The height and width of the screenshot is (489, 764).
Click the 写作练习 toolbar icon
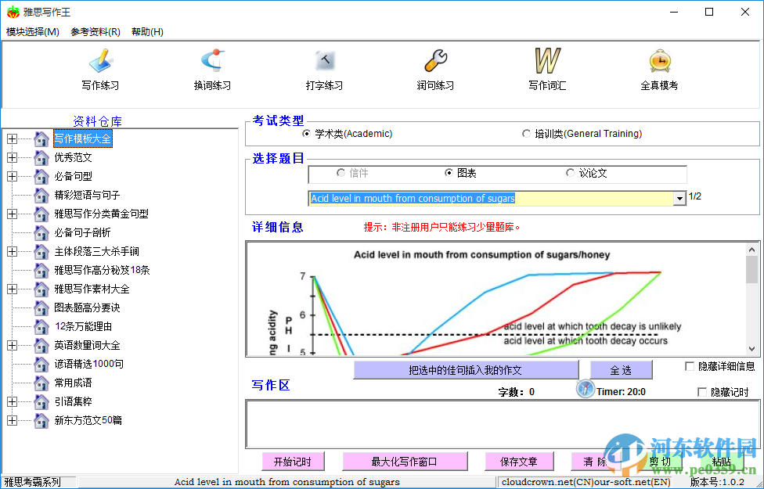[100, 61]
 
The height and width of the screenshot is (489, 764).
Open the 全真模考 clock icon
[659, 61]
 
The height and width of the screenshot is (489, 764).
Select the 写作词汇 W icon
[547, 61]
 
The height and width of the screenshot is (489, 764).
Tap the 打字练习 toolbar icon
[325, 61]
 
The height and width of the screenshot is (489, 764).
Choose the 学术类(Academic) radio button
[306, 134]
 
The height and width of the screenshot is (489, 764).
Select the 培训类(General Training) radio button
[526, 134]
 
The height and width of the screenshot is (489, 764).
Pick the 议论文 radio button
[570, 173]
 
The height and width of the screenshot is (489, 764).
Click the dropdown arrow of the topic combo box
[679, 199]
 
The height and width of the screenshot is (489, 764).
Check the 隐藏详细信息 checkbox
[690, 366]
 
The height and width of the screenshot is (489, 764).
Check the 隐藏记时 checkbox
[701, 392]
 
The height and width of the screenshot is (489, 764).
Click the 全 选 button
[621, 370]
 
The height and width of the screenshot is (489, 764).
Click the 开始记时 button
[293, 462]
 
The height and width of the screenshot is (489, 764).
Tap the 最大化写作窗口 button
[405, 462]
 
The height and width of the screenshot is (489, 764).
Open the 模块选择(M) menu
[32, 32]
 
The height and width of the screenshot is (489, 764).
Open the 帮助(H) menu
[147, 32]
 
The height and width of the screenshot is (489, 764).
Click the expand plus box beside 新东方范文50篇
[12, 420]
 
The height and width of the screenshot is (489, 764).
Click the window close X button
[745, 12]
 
